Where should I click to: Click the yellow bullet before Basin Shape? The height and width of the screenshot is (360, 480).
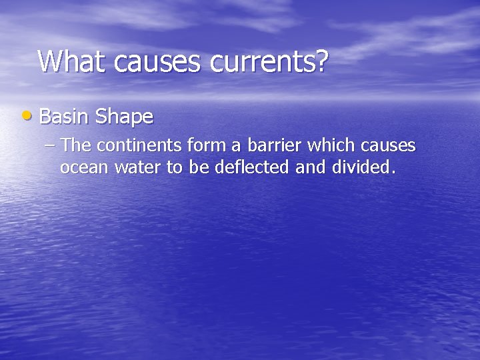tap(25, 116)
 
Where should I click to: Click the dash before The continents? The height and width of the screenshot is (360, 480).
tap(51, 145)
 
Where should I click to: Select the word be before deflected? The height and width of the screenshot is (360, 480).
tap(199, 167)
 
